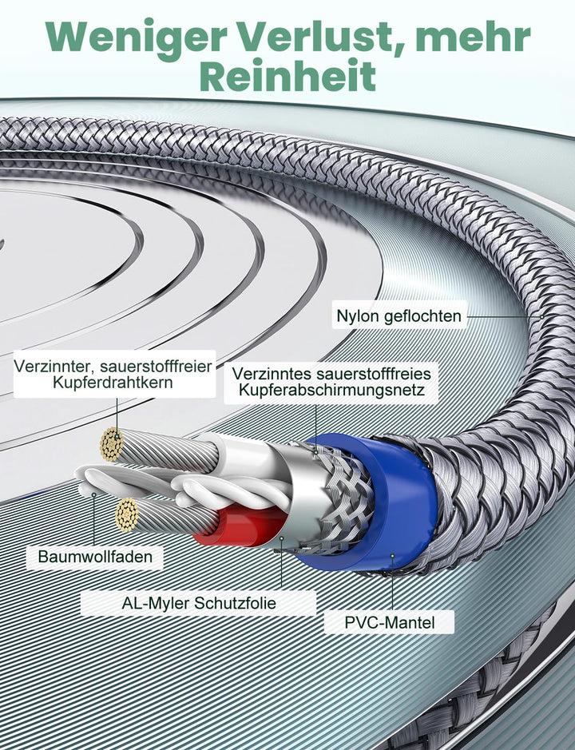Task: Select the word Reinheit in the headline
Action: tap(287, 77)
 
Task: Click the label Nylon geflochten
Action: tap(399, 316)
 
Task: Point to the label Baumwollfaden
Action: tap(95, 557)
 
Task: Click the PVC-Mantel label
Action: tap(389, 621)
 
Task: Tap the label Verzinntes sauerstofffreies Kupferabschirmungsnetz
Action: tap(331, 382)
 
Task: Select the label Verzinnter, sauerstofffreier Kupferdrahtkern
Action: tap(113, 374)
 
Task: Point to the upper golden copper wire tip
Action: tap(111, 444)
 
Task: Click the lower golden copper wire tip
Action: tap(127, 514)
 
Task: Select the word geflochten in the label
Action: tap(422, 316)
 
